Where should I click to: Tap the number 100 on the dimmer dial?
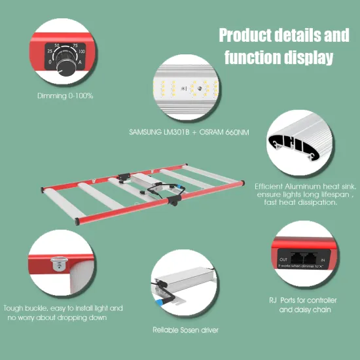[81, 50]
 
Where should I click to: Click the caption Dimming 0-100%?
[65, 96]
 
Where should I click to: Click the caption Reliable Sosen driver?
[185, 330]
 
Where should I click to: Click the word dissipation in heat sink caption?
[315, 203]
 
